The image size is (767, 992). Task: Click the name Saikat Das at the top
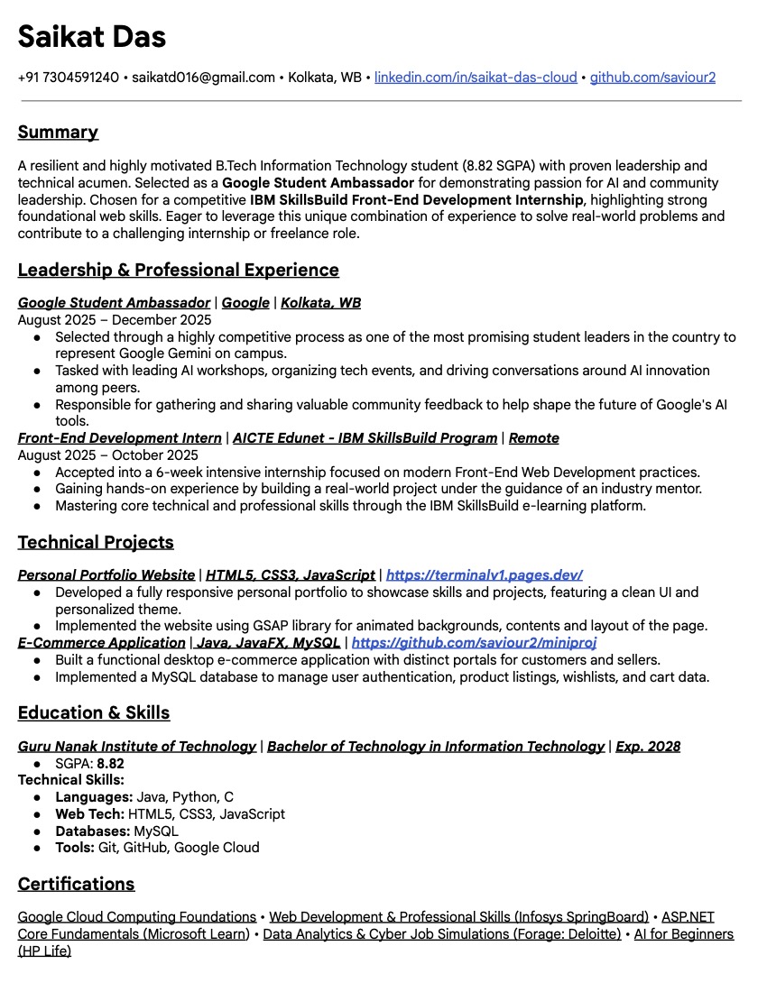pos(92,37)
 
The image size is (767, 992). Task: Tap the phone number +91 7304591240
pos(68,78)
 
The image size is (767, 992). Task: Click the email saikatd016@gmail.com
pos(203,78)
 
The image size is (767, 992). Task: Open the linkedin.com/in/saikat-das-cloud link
pos(476,78)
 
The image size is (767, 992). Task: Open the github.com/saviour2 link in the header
pos(652,78)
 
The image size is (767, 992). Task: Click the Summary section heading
pos(58,133)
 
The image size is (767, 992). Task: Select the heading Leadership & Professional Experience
pos(179,270)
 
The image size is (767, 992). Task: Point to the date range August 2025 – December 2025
pos(115,320)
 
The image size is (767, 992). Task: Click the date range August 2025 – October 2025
pos(108,455)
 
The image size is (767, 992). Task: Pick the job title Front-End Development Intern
pos(120,438)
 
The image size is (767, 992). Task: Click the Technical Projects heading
pos(96,542)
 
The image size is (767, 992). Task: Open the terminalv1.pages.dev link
pos(484,575)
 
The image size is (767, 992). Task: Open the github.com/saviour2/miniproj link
pos(474,643)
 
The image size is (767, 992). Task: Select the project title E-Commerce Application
pos(102,643)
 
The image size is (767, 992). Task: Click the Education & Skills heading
pos(94,712)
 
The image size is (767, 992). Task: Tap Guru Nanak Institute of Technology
pos(137,747)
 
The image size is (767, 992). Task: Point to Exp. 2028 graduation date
pos(648,747)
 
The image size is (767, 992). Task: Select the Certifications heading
pos(77,884)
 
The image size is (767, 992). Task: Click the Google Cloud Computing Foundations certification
pos(137,917)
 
